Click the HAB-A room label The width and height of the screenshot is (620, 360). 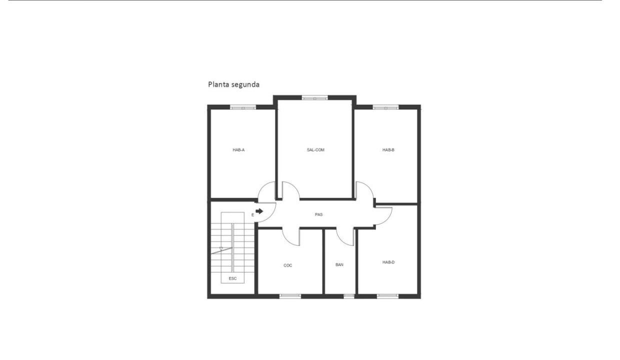(x=238, y=150)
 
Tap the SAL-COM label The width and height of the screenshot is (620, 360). (x=315, y=150)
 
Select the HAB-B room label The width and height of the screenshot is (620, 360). (x=388, y=150)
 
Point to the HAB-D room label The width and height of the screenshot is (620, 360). (x=388, y=262)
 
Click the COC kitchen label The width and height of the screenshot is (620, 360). (x=287, y=265)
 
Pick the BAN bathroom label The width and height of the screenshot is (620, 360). (x=339, y=265)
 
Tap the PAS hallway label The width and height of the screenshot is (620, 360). (x=318, y=214)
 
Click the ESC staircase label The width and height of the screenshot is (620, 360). (x=233, y=278)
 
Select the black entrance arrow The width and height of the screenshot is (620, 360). (x=259, y=211)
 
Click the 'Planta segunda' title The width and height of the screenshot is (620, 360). (x=234, y=84)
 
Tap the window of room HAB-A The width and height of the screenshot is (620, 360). (x=243, y=107)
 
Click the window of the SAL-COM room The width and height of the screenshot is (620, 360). (x=314, y=97)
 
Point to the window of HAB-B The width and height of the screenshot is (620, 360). (x=386, y=107)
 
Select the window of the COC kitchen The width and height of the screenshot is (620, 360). (x=290, y=296)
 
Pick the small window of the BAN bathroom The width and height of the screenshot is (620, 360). (x=349, y=296)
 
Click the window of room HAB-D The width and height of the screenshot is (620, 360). (x=387, y=296)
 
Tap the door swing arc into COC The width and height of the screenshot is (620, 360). (x=288, y=240)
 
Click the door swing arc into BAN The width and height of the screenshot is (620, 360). (x=342, y=240)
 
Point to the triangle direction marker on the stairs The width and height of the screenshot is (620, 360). (x=221, y=249)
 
